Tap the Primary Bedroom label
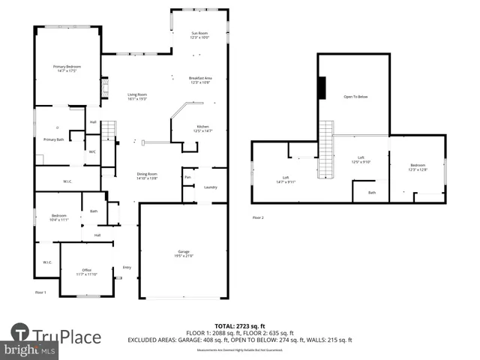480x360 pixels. [x=67, y=69]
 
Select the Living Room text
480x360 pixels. [x=136, y=96]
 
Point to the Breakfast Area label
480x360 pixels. [x=201, y=79]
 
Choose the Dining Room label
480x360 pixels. [x=147, y=175]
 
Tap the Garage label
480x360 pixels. [x=184, y=253]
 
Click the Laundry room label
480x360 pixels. [x=211, y=187]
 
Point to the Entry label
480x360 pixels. [x=127, y=267]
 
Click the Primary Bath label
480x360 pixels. [x=53, y=139]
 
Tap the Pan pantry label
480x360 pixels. [x=187, y=177]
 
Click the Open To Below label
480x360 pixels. [x=355, y=97]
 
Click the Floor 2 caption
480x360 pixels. [x=258, y=217]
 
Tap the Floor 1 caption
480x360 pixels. [x=40, y=291]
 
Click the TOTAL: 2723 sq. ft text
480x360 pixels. [x=240, y=327]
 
